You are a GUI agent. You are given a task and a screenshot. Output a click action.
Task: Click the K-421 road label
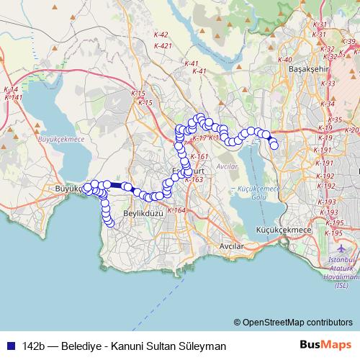[163, 46]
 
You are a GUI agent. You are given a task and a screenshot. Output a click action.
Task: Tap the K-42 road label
[161, 35]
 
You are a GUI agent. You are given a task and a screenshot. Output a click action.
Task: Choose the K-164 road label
[179, 210]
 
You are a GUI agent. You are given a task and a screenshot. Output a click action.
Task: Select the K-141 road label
[13, 97]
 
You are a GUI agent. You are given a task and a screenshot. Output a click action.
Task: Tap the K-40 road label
[284, 60]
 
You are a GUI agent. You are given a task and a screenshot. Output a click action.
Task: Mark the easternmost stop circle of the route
[274, 145]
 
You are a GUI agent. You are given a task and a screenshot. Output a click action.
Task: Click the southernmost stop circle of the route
[109, 222]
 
